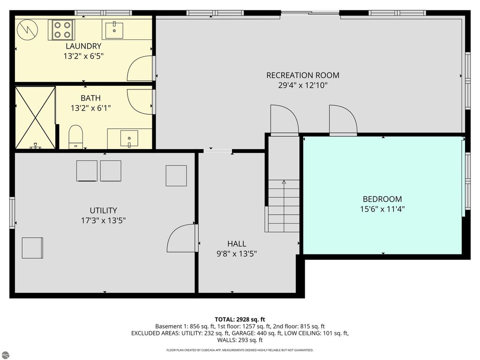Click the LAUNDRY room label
tap(83, 46)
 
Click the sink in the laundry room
tap(112, 30)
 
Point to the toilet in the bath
tap(75, 137)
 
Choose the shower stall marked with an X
tap(35, 117)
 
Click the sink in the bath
tap(129, 138)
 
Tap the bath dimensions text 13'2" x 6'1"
tap(90, 108)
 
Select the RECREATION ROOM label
tap(302, 75)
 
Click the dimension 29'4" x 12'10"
tap(302, 85)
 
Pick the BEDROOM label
tap(382, 199)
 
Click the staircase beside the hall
tap(284, 206)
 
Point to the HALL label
tap(236, 244)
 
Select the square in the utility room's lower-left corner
tap(32, 248)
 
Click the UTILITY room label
tap(103, 210)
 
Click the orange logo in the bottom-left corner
tap(5, 355)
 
